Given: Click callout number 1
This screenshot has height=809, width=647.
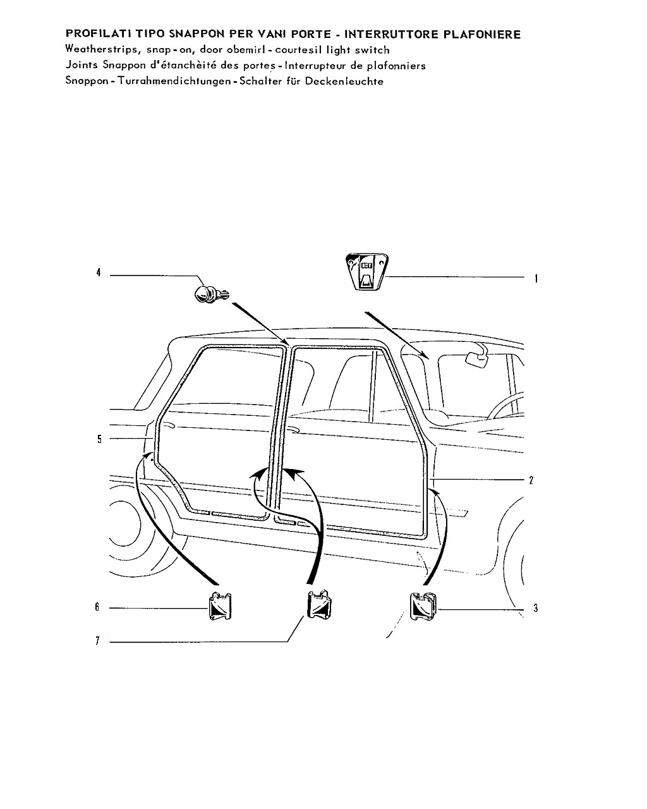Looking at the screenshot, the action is [x=536, y=279].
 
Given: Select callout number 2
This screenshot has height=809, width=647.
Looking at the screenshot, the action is [x=531, y=480].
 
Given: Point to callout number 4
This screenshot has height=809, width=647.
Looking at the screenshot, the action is [x=99, y=272].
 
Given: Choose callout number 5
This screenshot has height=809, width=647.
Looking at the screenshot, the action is [x=99, y=439].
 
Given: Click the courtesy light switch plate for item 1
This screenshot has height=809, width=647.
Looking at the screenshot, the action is [x=366, y=272].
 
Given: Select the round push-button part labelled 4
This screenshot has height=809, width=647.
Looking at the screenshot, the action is [x=211, y=294].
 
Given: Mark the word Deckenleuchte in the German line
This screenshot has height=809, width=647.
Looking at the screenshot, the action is [x=344, y=81].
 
